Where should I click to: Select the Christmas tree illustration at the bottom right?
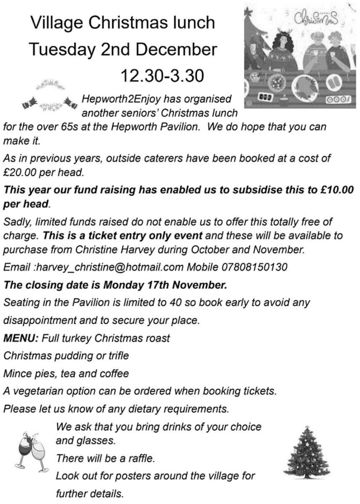(x=307, y=452)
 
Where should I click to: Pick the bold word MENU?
(x=21, y=339)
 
